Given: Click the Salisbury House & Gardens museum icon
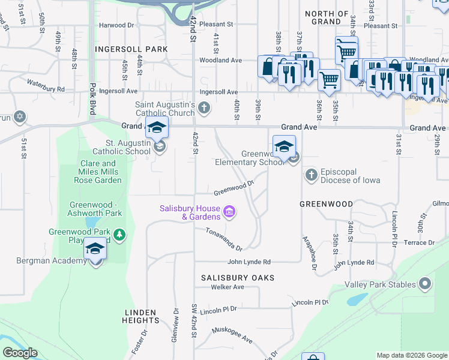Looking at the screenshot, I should tap(229, 211).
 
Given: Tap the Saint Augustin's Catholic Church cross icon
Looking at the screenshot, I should tap(204, 109).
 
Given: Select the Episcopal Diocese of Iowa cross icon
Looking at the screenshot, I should tap(311, 175).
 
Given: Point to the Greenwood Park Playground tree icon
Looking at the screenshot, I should tap(120, 235).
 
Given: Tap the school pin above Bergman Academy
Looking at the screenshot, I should tap(95, 249).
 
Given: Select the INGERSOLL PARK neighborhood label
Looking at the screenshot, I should tap(130, 48).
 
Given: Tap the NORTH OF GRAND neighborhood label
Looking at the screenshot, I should tap(327, 17).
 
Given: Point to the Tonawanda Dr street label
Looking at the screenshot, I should tap(223, 239).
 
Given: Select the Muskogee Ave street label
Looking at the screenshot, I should tap(232, 335).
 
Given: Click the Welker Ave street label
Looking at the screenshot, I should tap(227, 287).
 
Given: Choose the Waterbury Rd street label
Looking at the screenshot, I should tap(46, 85).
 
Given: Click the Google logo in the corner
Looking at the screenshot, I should tap(20, 353).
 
